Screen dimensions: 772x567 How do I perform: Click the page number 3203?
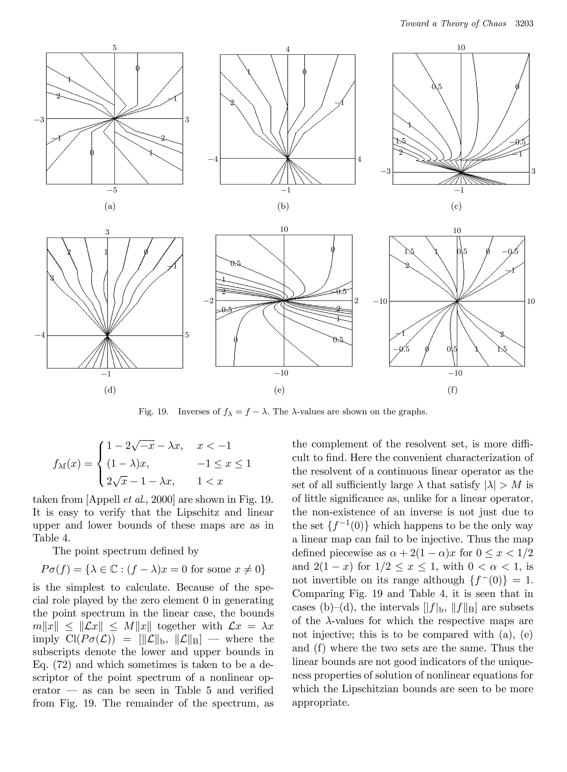click(524, 24)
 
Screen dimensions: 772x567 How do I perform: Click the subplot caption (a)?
click(110, 206)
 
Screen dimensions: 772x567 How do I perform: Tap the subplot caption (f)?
click(453, 390)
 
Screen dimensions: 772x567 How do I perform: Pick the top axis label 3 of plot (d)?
click(107, 232)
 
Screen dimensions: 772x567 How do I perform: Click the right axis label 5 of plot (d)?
click(187, 335)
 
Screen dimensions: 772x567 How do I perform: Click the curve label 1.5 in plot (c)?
click(401, 141)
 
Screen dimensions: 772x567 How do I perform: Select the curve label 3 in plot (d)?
click(52, 278)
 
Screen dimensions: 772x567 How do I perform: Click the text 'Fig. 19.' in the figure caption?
click(153, 412)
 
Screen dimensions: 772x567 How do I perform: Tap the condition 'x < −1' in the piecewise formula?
click(214, 446)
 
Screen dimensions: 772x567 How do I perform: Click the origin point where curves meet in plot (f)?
click(457, 301)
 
